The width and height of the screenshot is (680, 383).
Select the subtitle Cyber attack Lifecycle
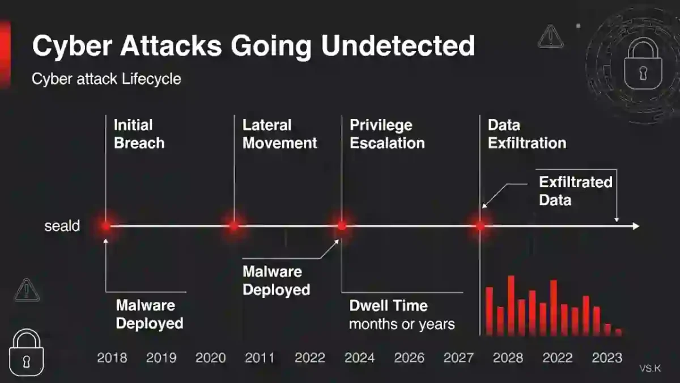(107, 79)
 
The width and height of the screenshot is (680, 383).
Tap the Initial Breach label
(139, 134)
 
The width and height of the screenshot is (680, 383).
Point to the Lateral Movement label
(280, 134)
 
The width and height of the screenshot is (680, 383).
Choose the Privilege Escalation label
(387, 134)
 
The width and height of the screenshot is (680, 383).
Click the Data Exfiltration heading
(527, 134)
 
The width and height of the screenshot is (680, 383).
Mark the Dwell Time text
(388, 306)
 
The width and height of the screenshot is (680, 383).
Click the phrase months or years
(402, 325)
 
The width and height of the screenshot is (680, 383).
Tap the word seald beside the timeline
(62, 226)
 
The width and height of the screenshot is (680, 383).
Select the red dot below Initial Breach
(106, 226)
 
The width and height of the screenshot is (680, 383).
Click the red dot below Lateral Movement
(233, 226)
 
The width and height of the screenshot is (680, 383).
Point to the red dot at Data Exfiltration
(481, 226)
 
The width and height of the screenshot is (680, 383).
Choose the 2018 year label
(112, 358)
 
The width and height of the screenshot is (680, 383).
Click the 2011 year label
(260, 358)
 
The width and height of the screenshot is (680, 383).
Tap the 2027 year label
(458, 358)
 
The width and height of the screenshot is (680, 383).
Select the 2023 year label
(607, 358)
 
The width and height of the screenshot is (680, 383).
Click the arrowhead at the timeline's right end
(636, 226)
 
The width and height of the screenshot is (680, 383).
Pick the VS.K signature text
(650, 369)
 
